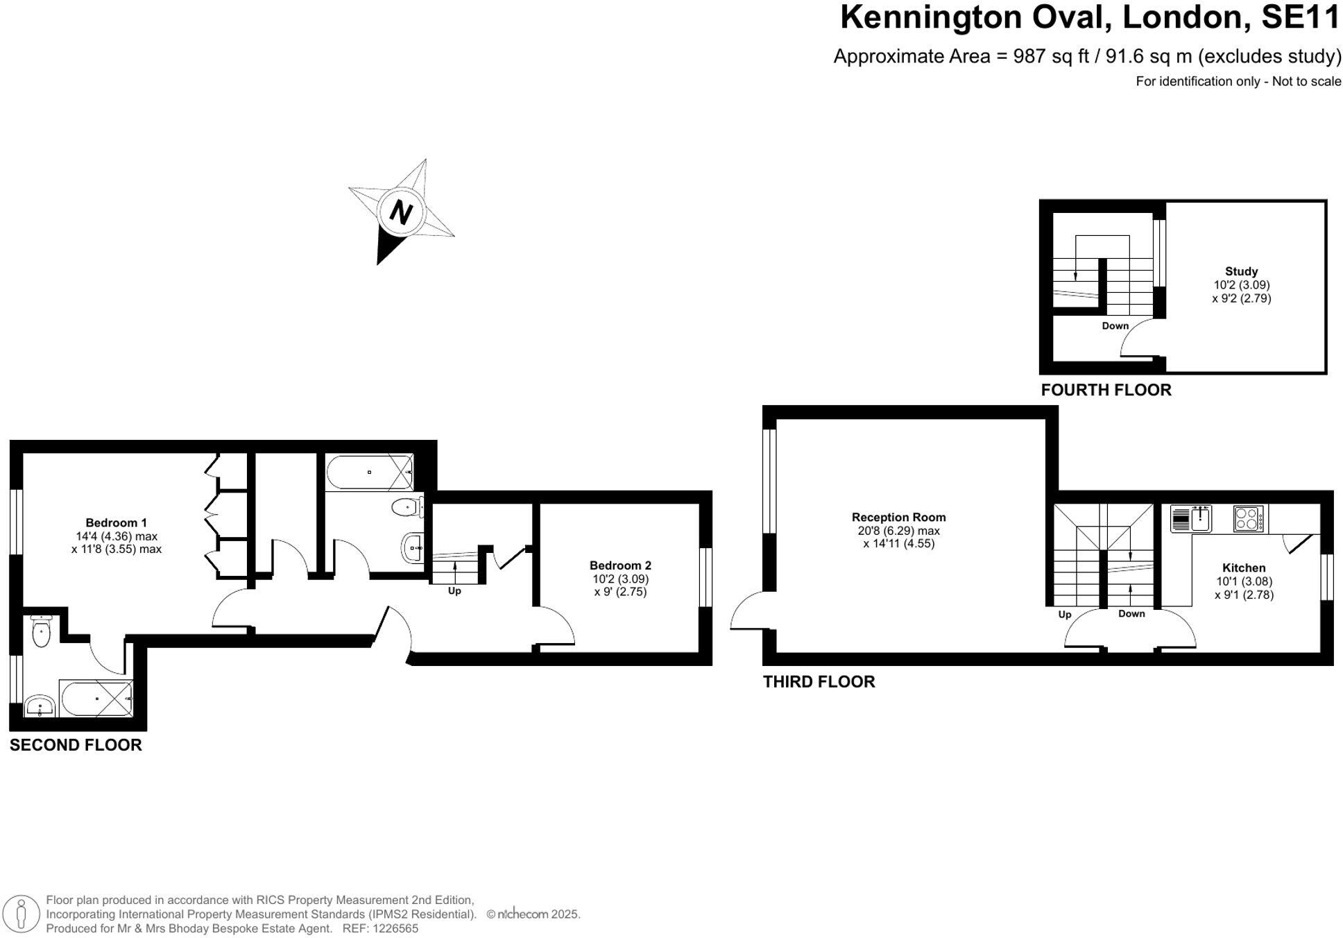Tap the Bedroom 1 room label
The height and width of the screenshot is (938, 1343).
click(x=116, y=523)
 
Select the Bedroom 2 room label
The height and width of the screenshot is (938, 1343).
click(x=620, y=565)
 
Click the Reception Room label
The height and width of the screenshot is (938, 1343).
click(x=898, y=518)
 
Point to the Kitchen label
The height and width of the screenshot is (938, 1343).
click(x=1244, y=568)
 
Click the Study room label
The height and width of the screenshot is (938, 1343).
click(x=1241, y=271)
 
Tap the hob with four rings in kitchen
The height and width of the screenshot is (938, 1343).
click(x=1248, y=519)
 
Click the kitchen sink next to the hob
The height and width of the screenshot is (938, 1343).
click(x=1200, y=518)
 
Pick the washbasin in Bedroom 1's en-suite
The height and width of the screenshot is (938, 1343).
click(x=40, y=707)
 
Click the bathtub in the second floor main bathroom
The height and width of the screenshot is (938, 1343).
click(x=370, y=472)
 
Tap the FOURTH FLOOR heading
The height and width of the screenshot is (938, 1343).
click(x=1106, y=390)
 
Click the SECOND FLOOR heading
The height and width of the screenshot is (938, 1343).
click(x=76, y=745)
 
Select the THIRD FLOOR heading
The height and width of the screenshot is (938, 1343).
click(x=819, y=682)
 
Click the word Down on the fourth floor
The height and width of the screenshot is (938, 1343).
click(x=1115, y=326)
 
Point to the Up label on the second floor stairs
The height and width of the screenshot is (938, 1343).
click(x=454, y=591)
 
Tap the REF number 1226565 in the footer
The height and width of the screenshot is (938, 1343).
click(x=395, y=929)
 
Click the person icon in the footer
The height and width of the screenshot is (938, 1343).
click(x=22, y=914)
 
